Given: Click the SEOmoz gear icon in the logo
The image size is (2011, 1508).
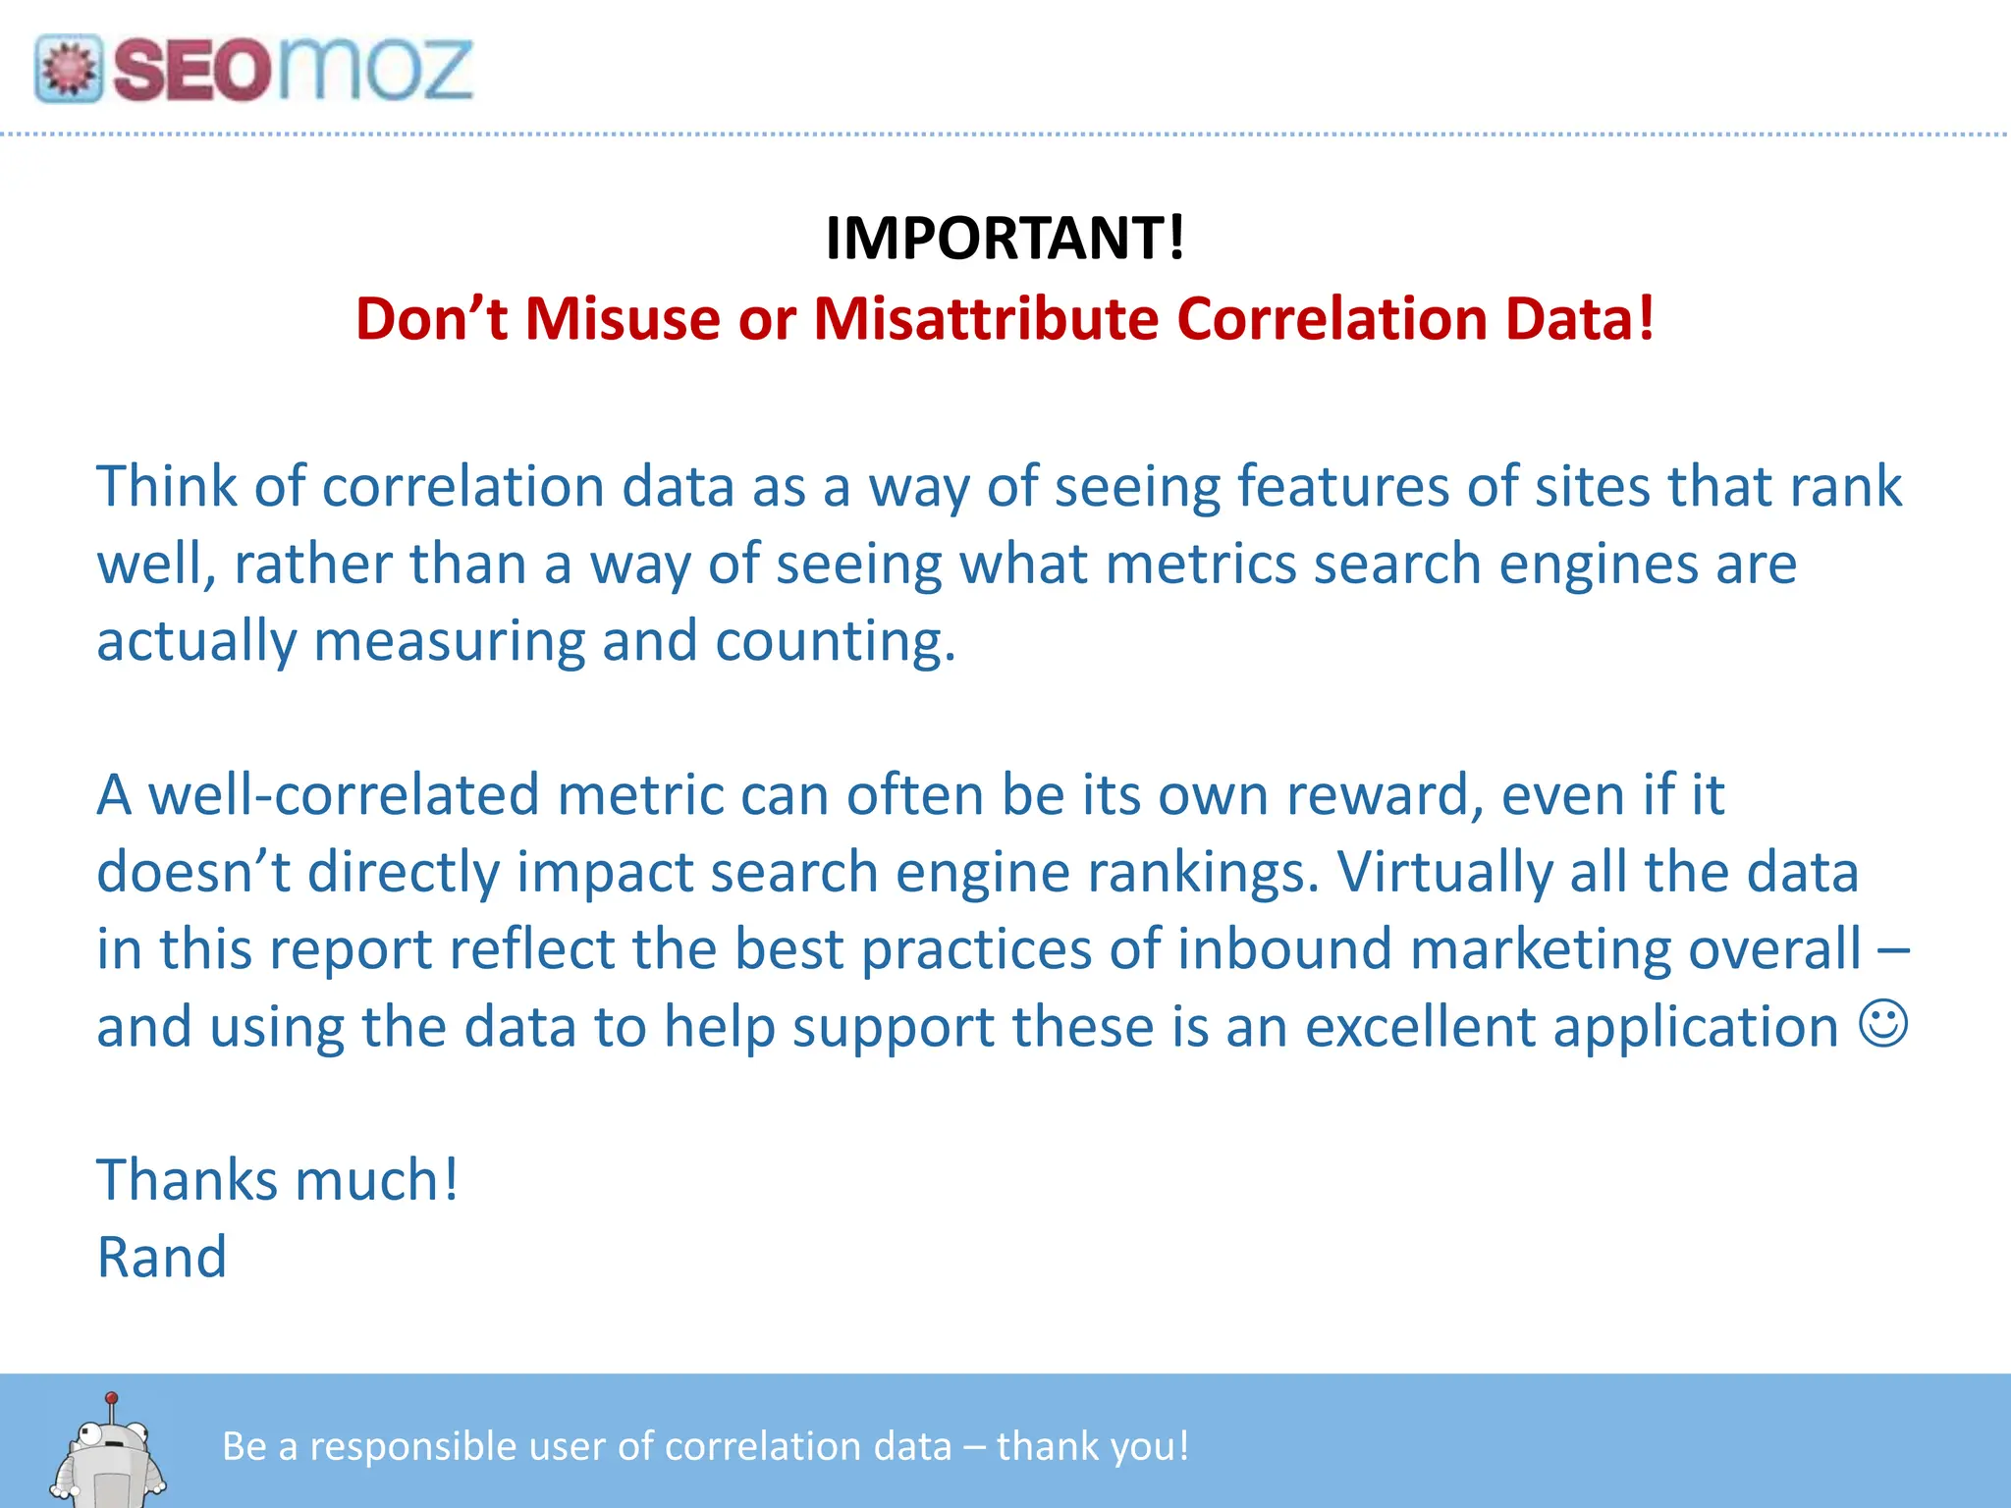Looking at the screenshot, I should click(x=68, y=69).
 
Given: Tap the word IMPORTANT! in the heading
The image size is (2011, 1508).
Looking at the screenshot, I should click(x=1005, y=239).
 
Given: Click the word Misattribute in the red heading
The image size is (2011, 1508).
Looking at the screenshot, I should click(x=986, y=319).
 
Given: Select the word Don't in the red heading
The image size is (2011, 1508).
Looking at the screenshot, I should click(x=431, y=319).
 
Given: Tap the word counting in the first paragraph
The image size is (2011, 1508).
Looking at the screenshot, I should click(x=834, y=642).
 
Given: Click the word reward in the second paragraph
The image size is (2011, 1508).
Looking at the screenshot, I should click(x=1384, y=794).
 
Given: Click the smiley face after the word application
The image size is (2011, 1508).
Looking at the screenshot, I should click(x=1883, y=1025).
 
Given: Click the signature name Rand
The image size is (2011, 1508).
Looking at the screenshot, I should click(x=162, y=1258).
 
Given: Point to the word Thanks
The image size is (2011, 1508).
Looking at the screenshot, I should click(x=187, y=1180).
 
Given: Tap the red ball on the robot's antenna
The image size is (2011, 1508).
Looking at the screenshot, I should click(x=112, y=1397).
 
